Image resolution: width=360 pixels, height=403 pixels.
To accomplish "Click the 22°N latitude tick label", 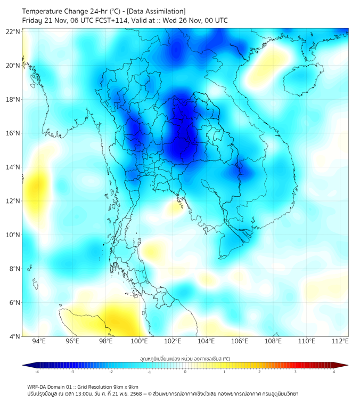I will (13, 31).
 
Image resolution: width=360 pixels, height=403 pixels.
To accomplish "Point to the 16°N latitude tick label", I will (13, 133).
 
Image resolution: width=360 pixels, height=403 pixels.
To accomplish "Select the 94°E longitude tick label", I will (39, 342).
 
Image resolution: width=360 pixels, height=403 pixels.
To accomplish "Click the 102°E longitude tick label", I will (173, 342).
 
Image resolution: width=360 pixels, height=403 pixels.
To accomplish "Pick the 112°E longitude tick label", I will (340, 342).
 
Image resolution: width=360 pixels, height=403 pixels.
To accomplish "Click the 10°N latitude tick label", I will (13, 235).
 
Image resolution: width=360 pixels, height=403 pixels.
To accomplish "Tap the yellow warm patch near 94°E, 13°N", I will (36, 188).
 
